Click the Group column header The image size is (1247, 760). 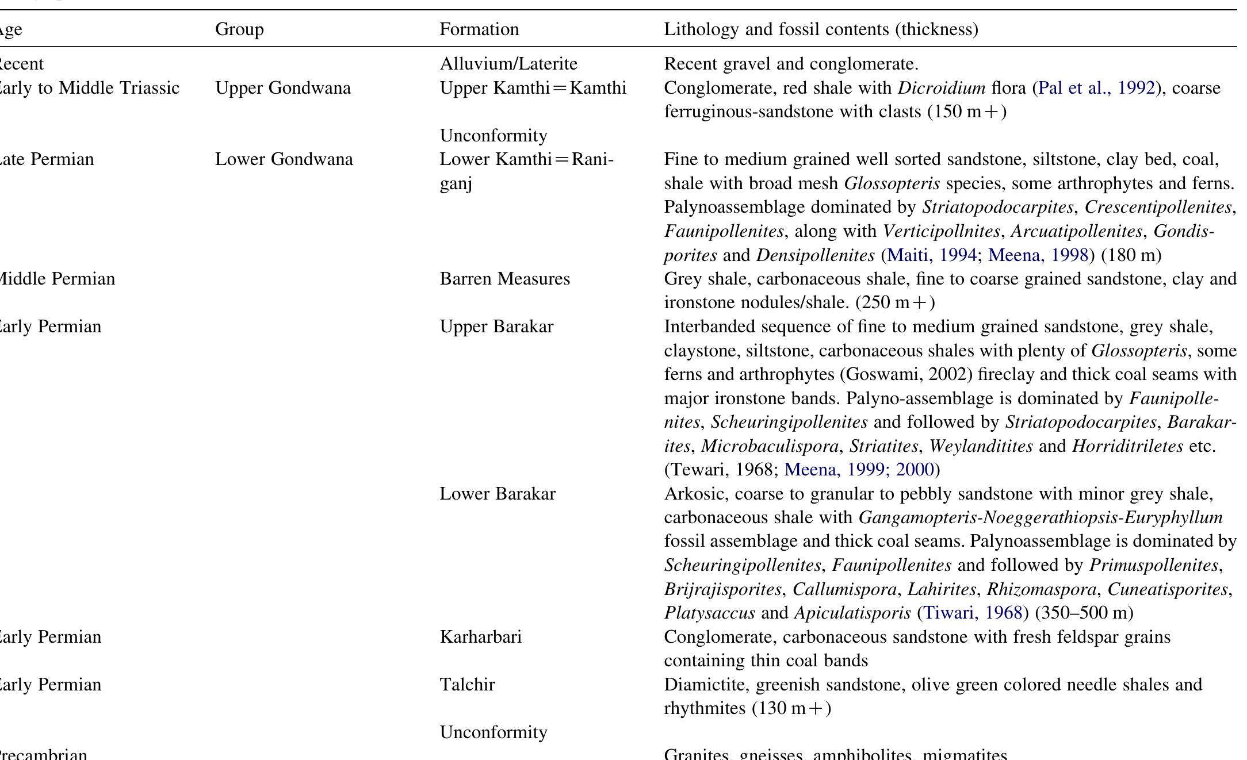(x=239, y=29)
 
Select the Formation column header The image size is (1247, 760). (x=479, y=29)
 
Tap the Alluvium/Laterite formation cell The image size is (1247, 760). (x=508, y=64)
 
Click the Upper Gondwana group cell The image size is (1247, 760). (x=283, y=88)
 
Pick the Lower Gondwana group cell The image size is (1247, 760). (x=284, y=159)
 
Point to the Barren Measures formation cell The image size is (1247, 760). (x=504, y=279)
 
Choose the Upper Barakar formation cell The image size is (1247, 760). (x=496, y=327)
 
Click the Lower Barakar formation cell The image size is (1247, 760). (x=498, y=494)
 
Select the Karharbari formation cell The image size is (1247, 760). (x=480, y=637)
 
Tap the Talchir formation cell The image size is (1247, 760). (x=467, y=685)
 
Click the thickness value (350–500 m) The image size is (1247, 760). (x=1084, y=613)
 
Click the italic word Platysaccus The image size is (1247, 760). (x=709, y=613)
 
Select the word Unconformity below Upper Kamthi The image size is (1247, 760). (x=494, y=136)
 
